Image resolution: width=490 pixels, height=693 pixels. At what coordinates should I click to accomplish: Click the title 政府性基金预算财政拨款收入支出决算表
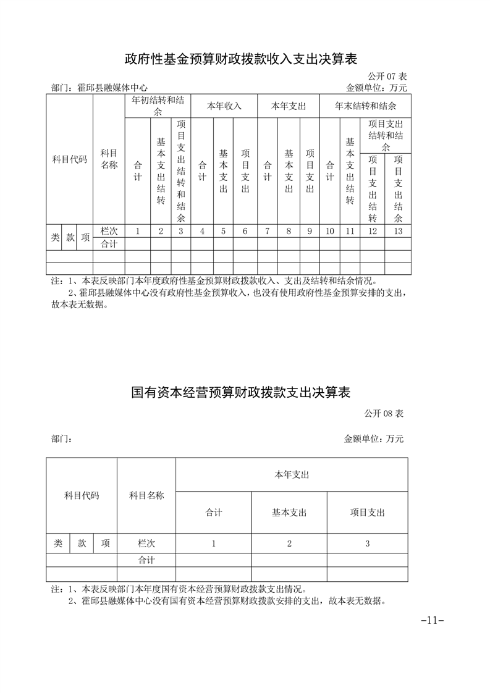coord(241,59)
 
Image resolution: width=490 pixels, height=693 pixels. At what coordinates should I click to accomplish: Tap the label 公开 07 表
coord(387,76)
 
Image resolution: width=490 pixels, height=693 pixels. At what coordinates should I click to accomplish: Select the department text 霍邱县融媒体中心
coord(112,88)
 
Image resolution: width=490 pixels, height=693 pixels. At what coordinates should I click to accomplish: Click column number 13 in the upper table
coord(397,231)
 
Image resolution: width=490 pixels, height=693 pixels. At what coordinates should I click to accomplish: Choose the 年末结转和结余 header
coord(365,106)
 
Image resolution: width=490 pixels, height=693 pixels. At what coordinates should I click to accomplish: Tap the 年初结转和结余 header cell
coord(158,106)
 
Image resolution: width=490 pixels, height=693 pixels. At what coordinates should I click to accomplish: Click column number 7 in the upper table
coord(267,231)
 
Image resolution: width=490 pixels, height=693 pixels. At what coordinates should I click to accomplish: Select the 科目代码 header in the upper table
coord(70,159)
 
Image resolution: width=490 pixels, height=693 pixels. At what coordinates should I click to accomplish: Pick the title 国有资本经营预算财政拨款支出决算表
coord(241,392)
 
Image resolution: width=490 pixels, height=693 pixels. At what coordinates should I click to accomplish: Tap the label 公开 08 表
coord(384,412)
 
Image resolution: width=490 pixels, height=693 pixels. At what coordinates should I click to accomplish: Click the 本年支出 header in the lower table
coord(292,474)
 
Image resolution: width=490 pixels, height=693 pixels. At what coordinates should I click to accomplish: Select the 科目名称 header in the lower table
coord(146,495)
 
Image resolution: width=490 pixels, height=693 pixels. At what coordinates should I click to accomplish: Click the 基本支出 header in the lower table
coord(289,513)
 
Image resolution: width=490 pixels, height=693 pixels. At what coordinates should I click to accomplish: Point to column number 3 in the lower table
coord(367,544)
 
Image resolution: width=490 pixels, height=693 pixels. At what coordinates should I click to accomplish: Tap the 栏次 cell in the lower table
coord(146,544)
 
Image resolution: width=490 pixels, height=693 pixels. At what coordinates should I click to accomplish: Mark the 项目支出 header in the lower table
coord(367,513)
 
